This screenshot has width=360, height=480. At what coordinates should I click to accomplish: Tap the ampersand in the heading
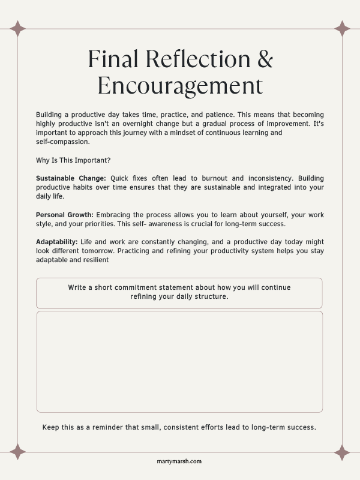264,59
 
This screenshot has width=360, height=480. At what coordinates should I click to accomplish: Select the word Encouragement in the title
180,86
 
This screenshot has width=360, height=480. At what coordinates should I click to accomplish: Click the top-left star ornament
17,29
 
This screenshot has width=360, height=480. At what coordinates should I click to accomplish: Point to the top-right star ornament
342,29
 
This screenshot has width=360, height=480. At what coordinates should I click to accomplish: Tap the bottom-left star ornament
17,451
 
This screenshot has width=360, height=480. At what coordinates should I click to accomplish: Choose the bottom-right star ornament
342,451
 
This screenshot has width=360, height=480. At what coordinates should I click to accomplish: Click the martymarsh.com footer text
180,461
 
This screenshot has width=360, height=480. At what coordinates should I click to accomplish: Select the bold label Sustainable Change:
71,178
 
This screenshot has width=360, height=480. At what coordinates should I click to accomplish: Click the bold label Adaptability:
57,242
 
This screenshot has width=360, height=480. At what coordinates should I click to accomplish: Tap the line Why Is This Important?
73,160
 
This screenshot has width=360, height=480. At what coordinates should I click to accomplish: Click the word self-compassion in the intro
62,142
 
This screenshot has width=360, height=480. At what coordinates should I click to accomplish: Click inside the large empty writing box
180,361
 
